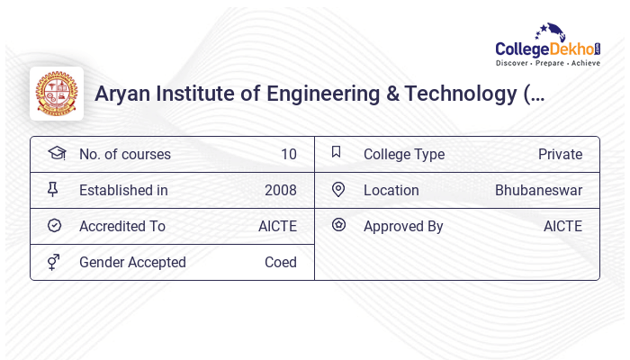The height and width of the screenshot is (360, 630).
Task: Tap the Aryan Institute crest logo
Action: coord(57,94)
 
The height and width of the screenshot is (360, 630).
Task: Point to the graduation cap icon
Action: coord(56,153)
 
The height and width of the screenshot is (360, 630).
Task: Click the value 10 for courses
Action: coord(288,155)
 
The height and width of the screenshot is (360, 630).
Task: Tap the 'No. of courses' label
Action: coord(124,155)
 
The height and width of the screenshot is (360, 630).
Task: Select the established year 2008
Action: coord(280,191)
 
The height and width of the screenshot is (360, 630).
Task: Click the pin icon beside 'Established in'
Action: coord(53,189)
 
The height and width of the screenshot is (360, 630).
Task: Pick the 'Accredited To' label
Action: coord(121,227)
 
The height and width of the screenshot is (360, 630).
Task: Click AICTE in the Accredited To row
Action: coord(277,227)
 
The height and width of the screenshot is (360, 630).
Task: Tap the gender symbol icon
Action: coord(53,262)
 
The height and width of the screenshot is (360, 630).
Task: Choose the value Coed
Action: coord(280,263)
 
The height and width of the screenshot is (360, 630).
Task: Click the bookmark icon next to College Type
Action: coord(336,152)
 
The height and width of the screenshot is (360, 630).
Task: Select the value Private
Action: coord(560,155)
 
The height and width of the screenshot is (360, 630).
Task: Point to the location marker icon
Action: coord(338,189)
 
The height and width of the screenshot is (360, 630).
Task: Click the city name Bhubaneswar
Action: coord(538,191)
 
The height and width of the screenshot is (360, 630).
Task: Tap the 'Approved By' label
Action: coord(403,227)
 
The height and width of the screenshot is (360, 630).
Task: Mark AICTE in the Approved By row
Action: coord(562,227)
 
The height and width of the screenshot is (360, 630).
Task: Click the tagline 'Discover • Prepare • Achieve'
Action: coord(547,64)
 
